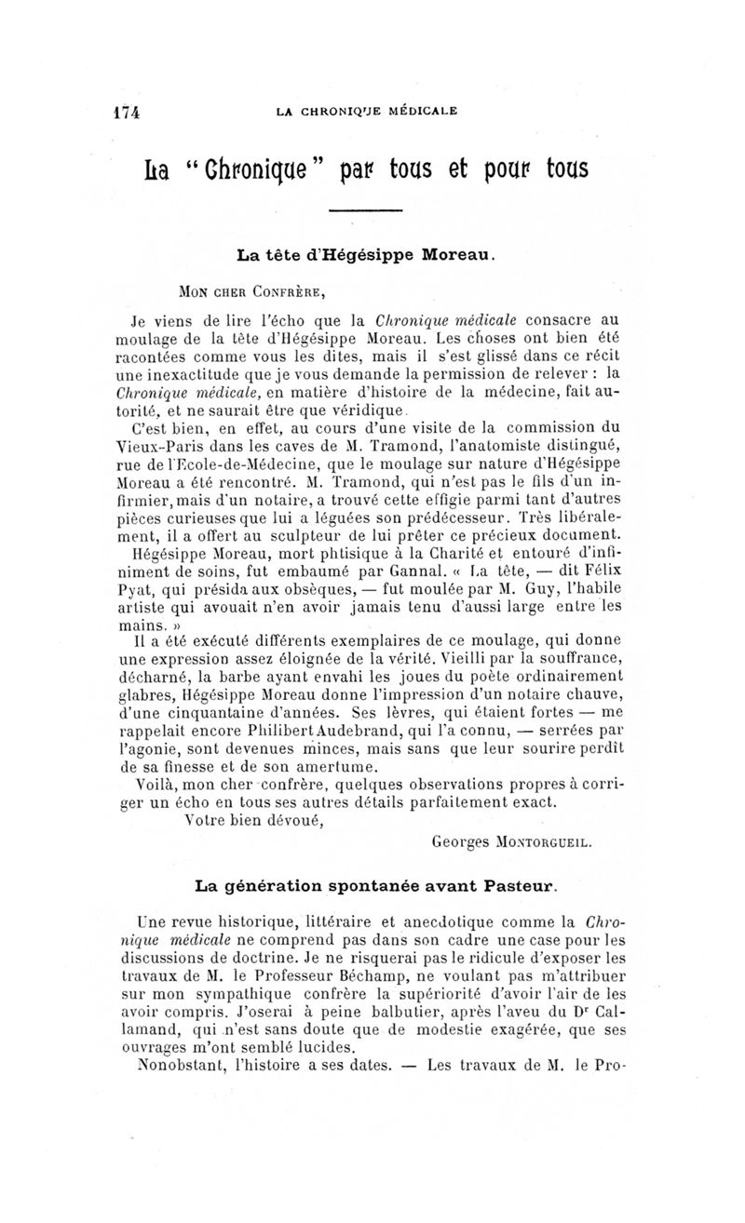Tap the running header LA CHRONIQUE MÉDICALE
point(366,111)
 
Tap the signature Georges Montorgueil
point(513,844)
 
